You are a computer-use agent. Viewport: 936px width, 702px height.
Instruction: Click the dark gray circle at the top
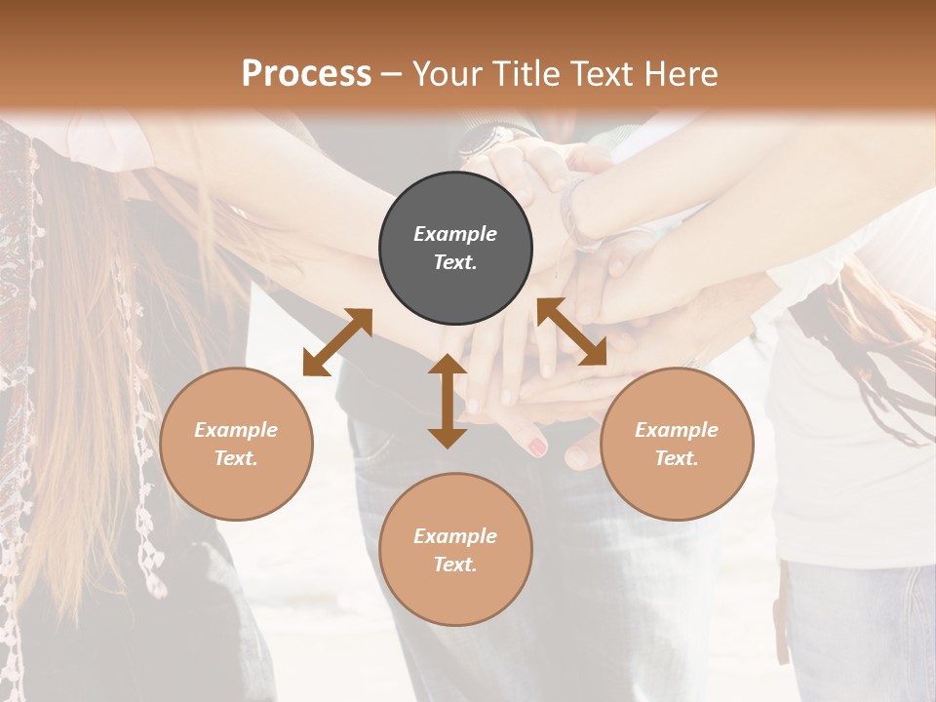[455, 248]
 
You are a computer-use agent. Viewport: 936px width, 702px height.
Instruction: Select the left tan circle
[236, 444]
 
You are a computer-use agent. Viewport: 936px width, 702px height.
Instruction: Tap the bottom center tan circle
[455, 549]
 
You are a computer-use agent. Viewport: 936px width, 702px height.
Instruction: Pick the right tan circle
[677, 444]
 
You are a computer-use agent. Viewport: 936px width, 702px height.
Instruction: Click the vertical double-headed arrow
[448, 401]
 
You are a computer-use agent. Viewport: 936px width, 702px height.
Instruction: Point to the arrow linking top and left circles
[337, 341]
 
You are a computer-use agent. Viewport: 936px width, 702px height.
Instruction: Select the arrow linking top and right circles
[571, 331]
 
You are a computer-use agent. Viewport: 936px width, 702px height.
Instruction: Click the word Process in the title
[306, 73]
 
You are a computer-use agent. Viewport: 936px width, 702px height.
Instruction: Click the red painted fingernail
[536, 448]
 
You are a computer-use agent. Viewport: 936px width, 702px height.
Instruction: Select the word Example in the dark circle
[455, 234]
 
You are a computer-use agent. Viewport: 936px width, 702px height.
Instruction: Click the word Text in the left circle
[236, 458]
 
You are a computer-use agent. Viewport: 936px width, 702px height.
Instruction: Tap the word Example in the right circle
[677, 430]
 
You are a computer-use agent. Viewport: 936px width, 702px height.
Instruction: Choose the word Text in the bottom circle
[455, 565]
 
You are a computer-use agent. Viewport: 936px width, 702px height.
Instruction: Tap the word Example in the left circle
[236, 430]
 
